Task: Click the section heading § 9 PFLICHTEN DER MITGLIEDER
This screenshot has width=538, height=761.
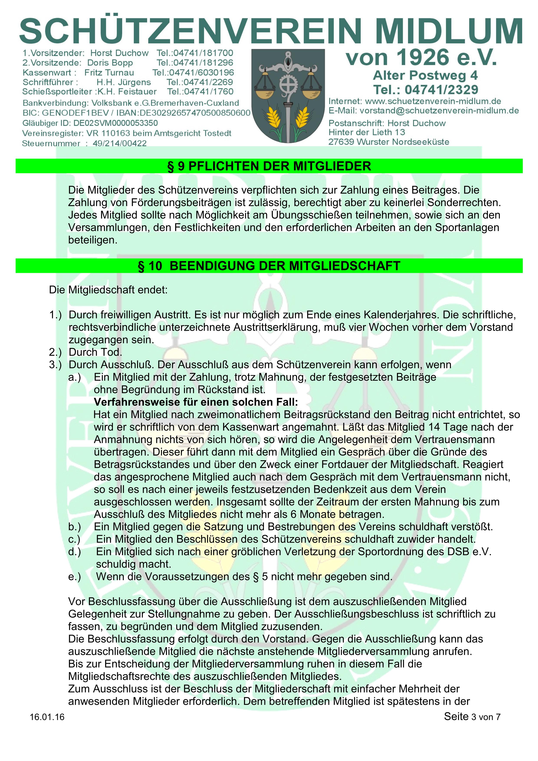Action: (x=269, y=166)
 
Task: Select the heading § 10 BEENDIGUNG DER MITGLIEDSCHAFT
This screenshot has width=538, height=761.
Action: (x=269, y=266)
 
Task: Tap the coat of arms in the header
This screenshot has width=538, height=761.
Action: (x=288, y=96)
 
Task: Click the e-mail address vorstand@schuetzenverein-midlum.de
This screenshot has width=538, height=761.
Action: (x=439, y=111)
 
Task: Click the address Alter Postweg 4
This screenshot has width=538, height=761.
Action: (x=425, y=75)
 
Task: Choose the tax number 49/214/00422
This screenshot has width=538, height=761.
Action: (x=119, y=144)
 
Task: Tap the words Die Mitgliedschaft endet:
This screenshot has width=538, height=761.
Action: (x=108, y=290)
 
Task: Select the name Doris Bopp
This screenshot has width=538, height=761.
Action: (x=110, y=63)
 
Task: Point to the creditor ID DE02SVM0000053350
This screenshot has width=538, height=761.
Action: (x=115, y=123)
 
